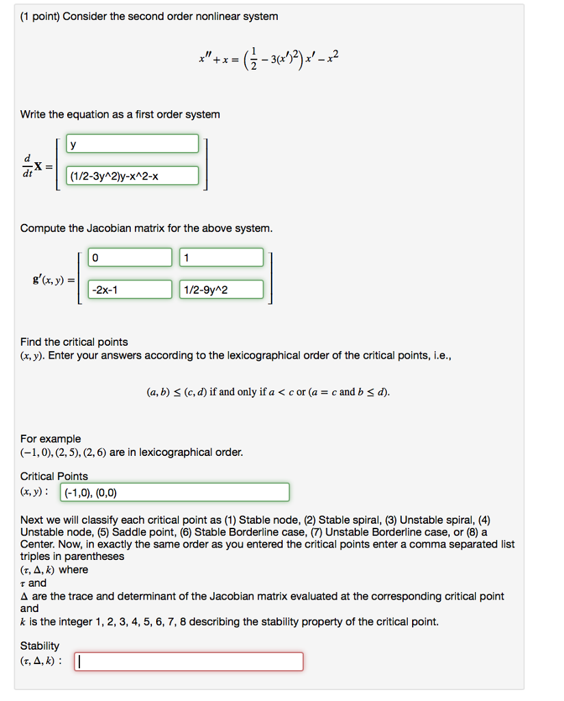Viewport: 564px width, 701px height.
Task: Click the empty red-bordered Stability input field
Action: click(188, 661)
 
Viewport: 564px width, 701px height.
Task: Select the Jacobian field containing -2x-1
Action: click(129, 290)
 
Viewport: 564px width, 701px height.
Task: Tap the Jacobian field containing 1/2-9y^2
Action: click(221, 290)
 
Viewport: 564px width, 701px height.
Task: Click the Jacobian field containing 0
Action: click(129, 257)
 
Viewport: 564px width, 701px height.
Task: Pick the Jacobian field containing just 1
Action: click(221, 257)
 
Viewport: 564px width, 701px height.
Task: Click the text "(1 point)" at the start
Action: click(40, 16)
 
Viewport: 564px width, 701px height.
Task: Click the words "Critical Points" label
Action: click(54, 476)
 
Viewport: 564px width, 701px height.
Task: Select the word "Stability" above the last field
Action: click(40, 646)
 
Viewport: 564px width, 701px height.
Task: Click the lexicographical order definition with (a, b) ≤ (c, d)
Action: click(268, 392)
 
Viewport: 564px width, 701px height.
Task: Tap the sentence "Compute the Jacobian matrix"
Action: click(146, 228)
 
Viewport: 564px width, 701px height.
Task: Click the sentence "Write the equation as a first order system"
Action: click(120, 114)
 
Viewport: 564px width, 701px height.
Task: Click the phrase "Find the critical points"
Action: click(74, 342)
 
